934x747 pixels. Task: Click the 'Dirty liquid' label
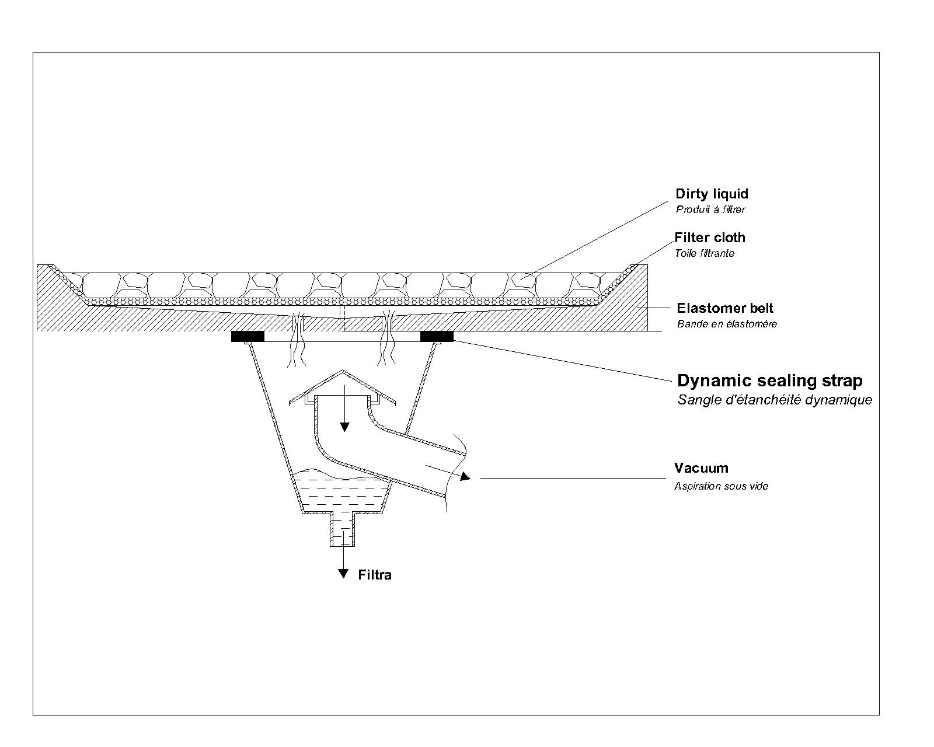click(x=711, y=194)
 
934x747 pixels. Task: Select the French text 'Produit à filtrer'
click(x=710, y=210)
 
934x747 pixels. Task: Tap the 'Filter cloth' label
click(x=709, y=238)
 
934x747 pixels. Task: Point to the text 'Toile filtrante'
click(x=704, y=253)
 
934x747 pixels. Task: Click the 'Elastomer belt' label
click(x=724, y=308)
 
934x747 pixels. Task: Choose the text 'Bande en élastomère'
click(x=727, y=324)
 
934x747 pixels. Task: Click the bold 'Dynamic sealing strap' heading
click(x=769, y=381)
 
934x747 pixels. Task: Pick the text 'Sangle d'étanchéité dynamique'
click(x=775, y=400)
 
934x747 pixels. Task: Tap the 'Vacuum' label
click(x=700, y=468)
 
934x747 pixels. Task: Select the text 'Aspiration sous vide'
click(x=721, y=486)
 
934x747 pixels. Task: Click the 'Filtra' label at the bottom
click(x=374, y=575)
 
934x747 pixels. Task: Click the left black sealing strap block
click(x=248, y=336)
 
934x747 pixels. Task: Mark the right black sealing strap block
click(x=437, y=336)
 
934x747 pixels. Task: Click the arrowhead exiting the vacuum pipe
click(x=465, y=477)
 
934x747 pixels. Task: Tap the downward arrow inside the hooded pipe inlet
click(x=344, y=426)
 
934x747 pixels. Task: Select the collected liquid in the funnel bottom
click(x=339, y=493)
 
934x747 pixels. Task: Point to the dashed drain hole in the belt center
click(x=343, y=317)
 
